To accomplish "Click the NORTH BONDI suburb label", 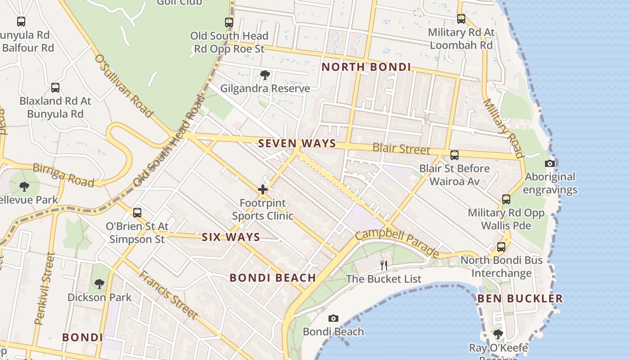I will point(366,67).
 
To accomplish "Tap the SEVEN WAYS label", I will point(297,144).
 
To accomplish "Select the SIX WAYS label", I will point(230,237).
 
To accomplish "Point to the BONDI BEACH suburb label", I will point(273,278).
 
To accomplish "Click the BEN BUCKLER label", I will point(520,298).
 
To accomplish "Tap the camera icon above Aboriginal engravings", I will point(549,163).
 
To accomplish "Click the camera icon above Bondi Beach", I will point(333,319).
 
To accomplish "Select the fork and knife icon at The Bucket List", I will point(383,265).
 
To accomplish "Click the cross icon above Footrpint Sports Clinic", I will point(263,189).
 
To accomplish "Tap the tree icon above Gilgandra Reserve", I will point(265,75).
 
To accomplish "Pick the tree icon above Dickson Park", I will point(99,284).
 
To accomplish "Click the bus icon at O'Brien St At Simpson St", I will point(137,212).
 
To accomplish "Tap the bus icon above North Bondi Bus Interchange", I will point(501,247).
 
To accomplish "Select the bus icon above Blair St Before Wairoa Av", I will point(454,155).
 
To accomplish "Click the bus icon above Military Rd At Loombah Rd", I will point(461,19).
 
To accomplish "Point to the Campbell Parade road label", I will point(396,243).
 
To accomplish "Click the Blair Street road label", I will point(401,148).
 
